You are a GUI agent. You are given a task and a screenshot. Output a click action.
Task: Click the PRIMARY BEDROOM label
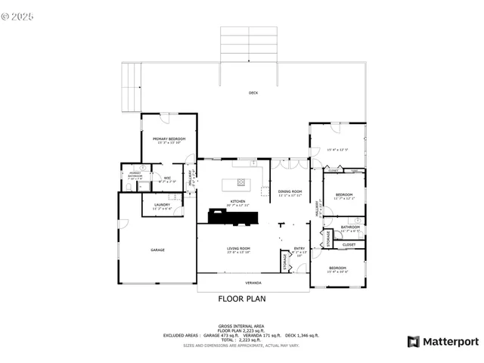(169, 139)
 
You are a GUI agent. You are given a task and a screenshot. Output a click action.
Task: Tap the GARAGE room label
(157, 250)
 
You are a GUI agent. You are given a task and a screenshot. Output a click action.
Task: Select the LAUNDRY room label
(162, 204)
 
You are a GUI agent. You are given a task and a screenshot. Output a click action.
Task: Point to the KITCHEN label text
(228, 201)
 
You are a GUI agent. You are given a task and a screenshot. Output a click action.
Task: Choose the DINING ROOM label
(291, 191)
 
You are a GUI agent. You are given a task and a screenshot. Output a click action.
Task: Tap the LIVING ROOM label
(238, 249)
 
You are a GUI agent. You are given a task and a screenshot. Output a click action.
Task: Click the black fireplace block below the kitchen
(232, 218)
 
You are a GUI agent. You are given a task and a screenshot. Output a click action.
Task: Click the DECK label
(253, 93)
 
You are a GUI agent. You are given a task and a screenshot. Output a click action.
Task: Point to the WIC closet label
(167, 178)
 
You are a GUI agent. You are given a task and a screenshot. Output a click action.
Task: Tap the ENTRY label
(299, 249)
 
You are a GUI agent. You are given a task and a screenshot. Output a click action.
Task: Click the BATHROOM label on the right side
(350, 227)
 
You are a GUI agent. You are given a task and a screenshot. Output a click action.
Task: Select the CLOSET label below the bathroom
(349, 244)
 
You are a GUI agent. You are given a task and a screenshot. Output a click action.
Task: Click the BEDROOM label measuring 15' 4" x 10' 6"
(337, 268)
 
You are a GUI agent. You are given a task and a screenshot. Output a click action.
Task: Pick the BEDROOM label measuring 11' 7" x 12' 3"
(345, 195)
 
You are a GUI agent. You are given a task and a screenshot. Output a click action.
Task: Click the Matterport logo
(443, 342)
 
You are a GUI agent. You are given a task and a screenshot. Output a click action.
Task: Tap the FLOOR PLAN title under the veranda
(242, 299)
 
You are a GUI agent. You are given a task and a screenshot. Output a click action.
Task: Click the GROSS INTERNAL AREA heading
(242, 325)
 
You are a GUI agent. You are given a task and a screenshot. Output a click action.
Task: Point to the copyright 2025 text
(18, 15)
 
